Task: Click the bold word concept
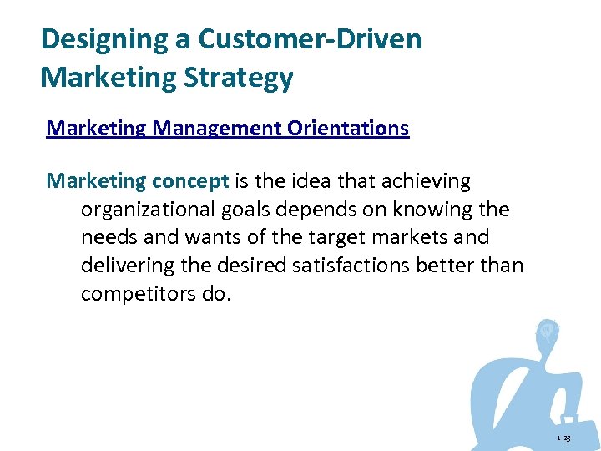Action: tap(190, 180)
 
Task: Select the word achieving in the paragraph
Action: tap(432, 180)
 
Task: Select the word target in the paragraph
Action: tap(332, 237)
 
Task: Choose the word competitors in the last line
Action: tap(137, 295)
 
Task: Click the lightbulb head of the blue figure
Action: tap(547, 331)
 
